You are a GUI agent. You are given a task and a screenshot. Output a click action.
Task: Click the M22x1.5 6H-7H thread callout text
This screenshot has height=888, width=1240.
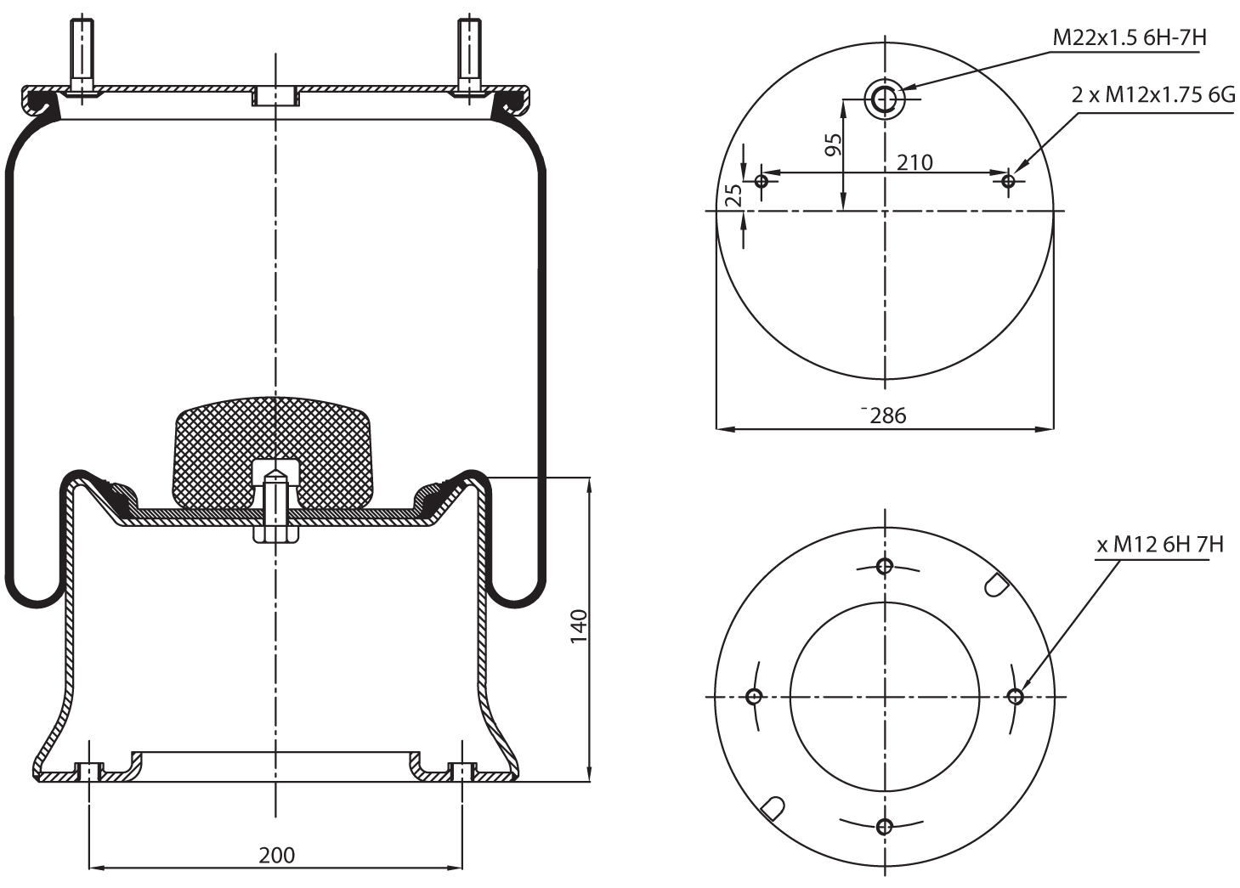1130,38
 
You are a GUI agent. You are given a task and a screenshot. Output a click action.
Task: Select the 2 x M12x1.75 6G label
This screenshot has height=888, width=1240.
1152,95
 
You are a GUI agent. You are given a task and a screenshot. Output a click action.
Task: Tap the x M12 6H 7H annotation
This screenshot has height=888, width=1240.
1159,545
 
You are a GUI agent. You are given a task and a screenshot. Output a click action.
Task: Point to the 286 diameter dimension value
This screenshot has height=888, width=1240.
888,416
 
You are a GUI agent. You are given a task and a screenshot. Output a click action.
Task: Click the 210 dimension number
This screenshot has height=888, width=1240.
914,161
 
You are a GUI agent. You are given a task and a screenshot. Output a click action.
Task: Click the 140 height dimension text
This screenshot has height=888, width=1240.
579,626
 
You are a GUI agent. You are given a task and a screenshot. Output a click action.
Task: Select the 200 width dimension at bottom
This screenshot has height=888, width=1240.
276,855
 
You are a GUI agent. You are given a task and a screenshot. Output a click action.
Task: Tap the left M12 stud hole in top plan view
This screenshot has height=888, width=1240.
762,180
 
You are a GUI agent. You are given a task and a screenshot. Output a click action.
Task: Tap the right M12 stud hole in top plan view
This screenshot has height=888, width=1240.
1009,180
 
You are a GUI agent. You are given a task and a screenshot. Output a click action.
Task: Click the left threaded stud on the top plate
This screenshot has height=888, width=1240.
82,55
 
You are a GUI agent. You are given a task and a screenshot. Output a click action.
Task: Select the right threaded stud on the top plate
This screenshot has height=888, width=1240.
468,55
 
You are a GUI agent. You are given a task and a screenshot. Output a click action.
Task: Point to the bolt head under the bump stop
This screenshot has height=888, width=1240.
275,536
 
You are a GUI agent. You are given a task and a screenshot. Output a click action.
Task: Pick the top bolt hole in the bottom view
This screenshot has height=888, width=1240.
885,566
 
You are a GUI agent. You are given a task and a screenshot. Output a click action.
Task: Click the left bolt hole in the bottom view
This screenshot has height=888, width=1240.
754,697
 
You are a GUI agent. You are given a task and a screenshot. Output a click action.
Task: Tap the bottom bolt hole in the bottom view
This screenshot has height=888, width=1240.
885,826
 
